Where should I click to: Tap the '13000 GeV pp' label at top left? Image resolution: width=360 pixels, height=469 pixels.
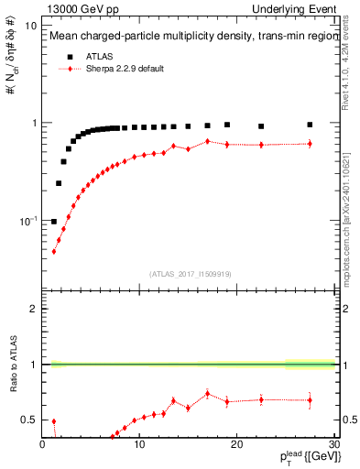[x=82, y=8]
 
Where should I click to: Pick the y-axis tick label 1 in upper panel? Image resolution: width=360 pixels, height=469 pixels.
[x=35, y=123]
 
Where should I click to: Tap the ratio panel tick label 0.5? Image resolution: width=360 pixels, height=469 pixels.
[x=30, y=420]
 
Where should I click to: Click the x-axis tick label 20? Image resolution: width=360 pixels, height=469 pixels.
[x=236, y=445]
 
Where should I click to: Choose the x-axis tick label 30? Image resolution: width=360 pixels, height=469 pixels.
[x=333, y=445]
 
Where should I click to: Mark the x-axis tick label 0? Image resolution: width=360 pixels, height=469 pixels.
[x=42, y=445]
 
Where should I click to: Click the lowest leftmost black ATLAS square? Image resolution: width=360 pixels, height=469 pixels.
[x=54, y=221]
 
